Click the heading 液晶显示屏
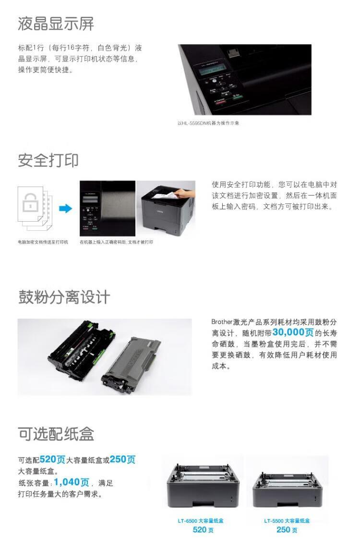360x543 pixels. coord(56,24)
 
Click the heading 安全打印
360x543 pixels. coord(48,160)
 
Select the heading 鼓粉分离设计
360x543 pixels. coord(64,297)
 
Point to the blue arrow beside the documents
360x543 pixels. coord(65,209)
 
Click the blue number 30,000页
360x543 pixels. coord(293,332)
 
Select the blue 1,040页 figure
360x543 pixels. coord(72,482)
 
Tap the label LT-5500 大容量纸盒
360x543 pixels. coord(287,520)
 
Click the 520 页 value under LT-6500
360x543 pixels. coord(203,530)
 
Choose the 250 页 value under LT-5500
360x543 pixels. coord(287,530)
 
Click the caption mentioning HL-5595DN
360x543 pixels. coord(208,123)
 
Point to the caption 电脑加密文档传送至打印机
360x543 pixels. coord(43,242)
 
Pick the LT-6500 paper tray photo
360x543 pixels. coord(202,484)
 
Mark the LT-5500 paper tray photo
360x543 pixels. coord(287,485)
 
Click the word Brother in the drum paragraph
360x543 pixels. coord(222,322)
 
